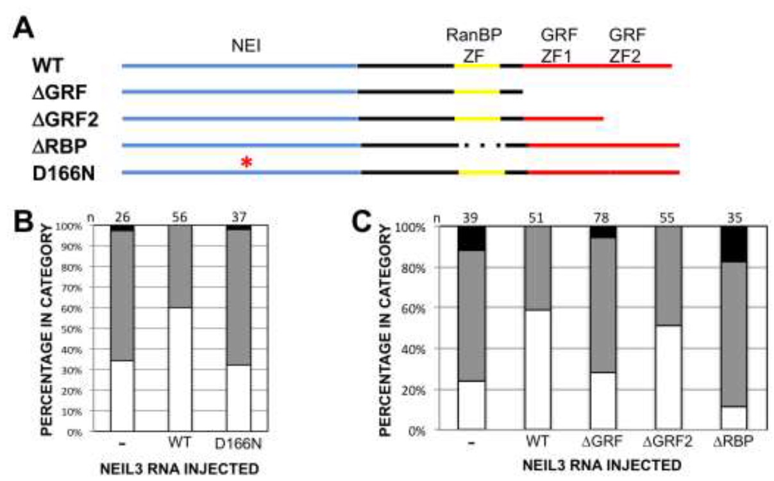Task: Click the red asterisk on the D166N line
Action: tap(246, 164)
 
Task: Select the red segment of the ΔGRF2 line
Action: tap(563, 119)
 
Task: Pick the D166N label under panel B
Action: tap(239, 443)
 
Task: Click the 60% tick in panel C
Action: tap(419, 308)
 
